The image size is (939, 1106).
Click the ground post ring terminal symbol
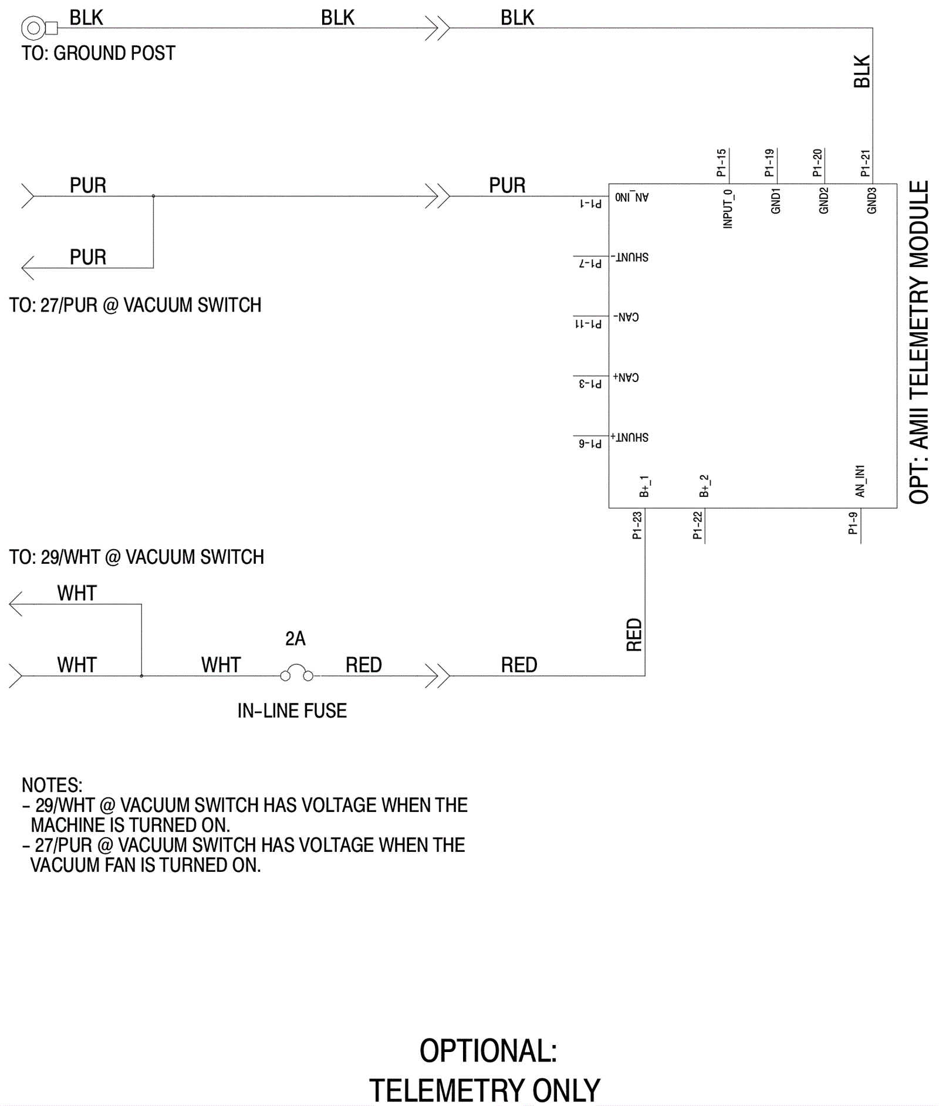[34, 28]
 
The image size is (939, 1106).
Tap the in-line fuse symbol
[296, 674]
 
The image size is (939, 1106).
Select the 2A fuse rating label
[295, 638]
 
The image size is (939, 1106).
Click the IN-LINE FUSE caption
[292, 711]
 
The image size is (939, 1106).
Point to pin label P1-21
[865, 164]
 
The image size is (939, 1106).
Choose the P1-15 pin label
[721, 163]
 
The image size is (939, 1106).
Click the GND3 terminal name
[872, 201]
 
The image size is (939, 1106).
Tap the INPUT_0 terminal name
[728, 209]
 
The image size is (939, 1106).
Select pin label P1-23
[637, 525]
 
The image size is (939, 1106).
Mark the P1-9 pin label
[853, 523]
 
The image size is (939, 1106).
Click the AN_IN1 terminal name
[860, 482]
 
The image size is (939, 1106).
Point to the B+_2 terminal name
[704, 486]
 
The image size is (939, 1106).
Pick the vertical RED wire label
[634, 635]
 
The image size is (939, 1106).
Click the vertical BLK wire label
[862, 72]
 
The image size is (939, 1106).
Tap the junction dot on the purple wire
[153, 196]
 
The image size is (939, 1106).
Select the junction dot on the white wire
[141, 676]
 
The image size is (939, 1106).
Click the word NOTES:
[52, 785]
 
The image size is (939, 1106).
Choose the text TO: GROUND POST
[98, 53]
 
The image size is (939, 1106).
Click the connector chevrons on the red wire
[437, 676]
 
